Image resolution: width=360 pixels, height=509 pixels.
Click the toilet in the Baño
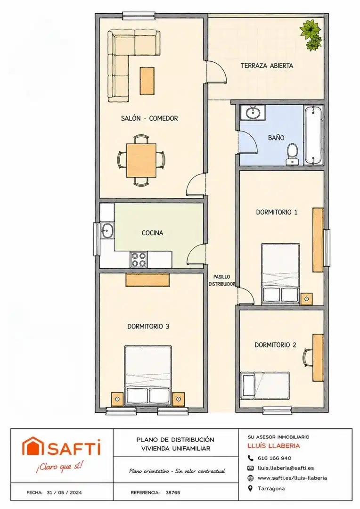tap(293, 154)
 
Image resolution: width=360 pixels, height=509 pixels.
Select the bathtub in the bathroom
tap(313, 135)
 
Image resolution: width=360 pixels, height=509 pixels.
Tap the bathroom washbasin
tap(253, 113)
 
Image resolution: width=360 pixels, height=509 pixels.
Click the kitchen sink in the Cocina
tap(107, 230)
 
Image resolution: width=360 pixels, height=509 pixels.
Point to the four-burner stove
tap(139, 259)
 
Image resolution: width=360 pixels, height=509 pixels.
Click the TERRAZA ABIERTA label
tap(267, 66)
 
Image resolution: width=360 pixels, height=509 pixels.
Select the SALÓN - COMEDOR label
tap(149, 118)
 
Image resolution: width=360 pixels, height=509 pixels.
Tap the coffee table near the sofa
tap(147, 81)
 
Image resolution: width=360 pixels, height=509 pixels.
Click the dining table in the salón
tap(141, 160)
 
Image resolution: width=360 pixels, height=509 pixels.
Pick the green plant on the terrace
tap(311, 34)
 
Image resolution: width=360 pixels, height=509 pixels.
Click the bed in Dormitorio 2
tap(264, 386)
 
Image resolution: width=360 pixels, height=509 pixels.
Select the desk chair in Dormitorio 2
tap(307, 357)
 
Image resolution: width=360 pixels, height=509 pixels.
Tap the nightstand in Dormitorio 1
tap(306, 299)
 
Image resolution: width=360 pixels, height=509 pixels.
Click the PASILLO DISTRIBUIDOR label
tap(222, 280)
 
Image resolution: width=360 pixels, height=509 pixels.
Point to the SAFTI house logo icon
tap(33, 446)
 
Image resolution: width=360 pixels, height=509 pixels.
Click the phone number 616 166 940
tap(274, 458)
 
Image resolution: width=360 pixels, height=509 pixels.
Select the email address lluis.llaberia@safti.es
tap(286, 468)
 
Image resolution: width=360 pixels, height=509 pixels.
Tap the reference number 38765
tap(172, 492)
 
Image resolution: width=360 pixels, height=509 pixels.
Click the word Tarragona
tap(271, 488)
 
